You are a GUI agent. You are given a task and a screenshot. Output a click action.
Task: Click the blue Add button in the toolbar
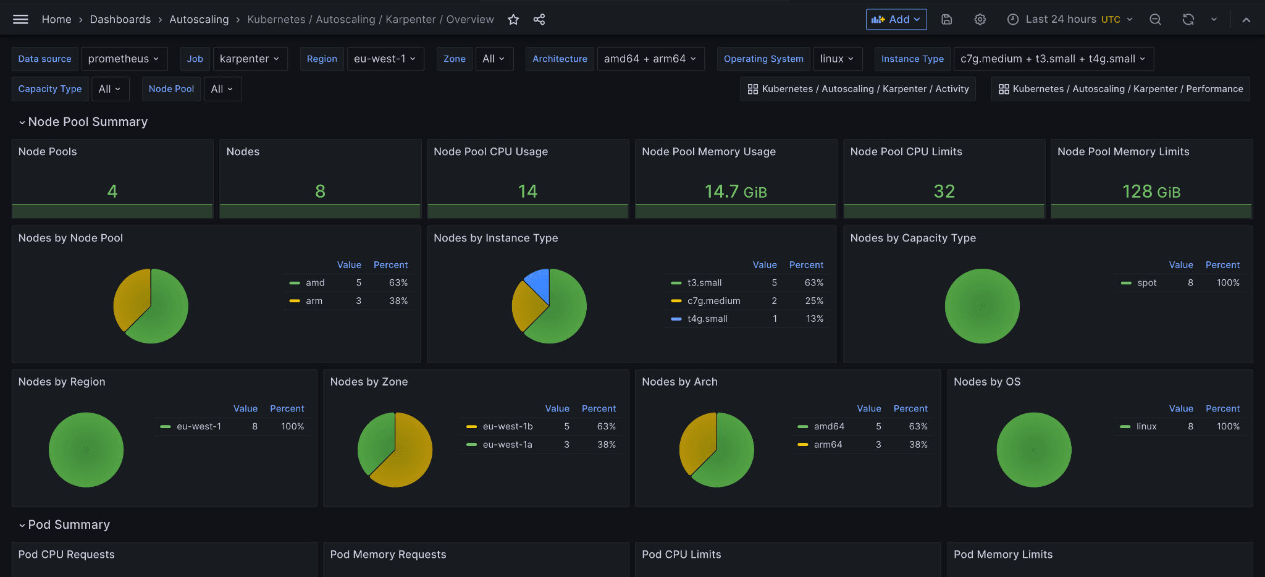[896, 20]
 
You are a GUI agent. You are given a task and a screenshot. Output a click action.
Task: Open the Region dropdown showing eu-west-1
[385, 59]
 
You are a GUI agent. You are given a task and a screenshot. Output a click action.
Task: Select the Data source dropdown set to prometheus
[124, 59]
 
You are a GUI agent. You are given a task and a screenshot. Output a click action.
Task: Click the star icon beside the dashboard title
[513, 20]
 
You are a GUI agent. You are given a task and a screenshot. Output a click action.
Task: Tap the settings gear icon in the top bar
[980, 20]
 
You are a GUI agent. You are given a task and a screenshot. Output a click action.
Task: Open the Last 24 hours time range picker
[1073, 20]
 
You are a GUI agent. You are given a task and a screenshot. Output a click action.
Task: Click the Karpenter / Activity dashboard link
[858, 89]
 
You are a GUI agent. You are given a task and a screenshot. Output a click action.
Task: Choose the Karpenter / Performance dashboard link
[1120, 89]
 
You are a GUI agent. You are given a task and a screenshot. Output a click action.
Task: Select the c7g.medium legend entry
[714, 301]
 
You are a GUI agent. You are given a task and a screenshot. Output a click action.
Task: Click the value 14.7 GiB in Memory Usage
[736, 192]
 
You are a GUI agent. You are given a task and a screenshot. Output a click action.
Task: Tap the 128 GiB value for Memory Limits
[1151, 192]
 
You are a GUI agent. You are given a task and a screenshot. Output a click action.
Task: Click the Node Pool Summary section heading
[88, 122]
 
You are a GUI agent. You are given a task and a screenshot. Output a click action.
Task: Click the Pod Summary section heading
[69, 524]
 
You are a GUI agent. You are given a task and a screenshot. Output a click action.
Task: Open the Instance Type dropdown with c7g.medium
[1054, 59]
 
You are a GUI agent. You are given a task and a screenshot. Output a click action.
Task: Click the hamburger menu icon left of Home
[20, 20]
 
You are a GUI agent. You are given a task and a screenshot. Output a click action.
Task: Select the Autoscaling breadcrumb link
[199, 20]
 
